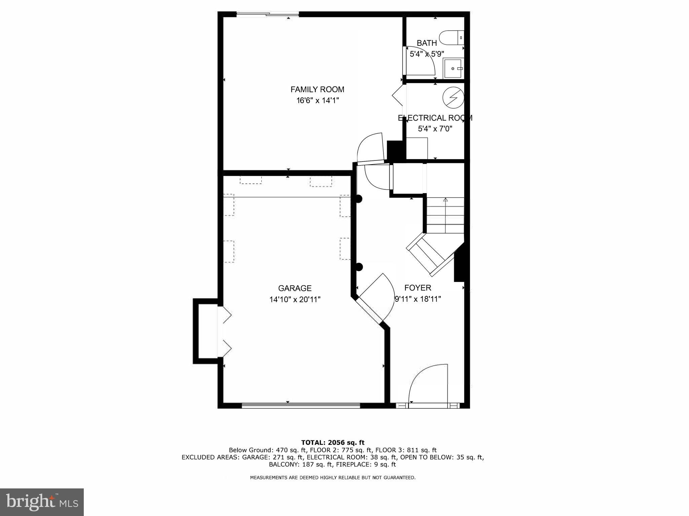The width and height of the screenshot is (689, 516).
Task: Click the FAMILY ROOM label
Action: click(x=317, y=89)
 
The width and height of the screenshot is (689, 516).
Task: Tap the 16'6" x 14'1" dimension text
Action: click(x=317, y=100)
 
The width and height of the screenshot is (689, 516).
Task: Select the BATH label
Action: click(x=427, y=43)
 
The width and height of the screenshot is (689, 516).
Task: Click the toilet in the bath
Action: click(x=451, y=38)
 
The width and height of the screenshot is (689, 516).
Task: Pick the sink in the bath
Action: click(x=453, y=68)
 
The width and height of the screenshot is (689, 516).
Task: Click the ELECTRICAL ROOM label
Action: click(x=435, y=118)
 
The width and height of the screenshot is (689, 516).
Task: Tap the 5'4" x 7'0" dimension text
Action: click(x=435, y=128)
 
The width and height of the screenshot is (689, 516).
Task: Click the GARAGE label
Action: click(x=295, y=288)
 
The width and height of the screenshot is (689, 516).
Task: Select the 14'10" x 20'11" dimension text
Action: click(x=295, y=299)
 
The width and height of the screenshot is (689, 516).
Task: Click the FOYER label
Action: click(x=418, y=288)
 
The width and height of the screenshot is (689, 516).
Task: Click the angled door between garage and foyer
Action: click(x=375, y=298)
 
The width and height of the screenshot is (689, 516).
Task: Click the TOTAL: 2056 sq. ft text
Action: click(x=332, y=442)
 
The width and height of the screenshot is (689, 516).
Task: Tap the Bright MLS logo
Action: click(x=42, y=502)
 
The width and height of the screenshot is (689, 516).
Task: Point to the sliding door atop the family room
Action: click(x=267, y=14)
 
